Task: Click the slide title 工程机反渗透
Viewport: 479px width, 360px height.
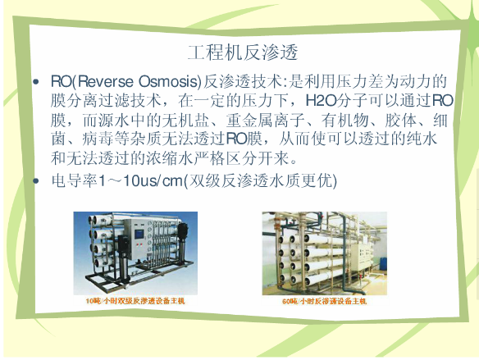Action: [x=243, y=52]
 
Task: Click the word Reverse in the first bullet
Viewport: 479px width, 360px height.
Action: [x=106, y=81]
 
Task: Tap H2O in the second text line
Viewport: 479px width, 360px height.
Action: [x=321, y=101]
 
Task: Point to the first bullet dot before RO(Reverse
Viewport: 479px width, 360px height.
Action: [x=36, y=82]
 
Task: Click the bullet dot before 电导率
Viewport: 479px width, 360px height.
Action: [x=36, y=180]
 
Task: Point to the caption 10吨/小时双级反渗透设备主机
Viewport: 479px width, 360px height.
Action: [x=135, y=301]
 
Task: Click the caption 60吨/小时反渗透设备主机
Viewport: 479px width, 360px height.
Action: [x=324, y=302]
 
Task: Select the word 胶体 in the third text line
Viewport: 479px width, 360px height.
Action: [x=400, y=120]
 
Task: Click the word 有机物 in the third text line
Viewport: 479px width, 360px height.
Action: [x=344, y=120]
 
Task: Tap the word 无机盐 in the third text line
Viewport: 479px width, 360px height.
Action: [x=185, y=120]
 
